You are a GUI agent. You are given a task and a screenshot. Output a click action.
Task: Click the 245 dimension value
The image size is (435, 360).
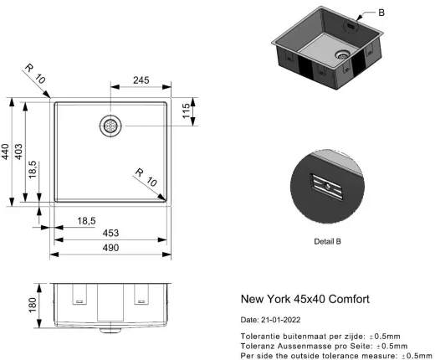pos(140,81)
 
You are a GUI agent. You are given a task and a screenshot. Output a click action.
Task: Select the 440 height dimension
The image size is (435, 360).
pos(6,152)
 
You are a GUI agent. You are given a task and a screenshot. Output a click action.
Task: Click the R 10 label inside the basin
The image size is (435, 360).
pos(146,177)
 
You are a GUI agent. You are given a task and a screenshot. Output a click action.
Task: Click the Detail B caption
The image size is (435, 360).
pos(326,241)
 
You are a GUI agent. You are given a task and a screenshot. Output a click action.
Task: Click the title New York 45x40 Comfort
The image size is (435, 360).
pos(304,299)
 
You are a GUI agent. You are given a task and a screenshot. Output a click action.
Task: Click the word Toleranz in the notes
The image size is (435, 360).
pos(259,345)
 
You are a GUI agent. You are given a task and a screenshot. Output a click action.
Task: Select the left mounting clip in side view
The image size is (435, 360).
pos(79,295)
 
